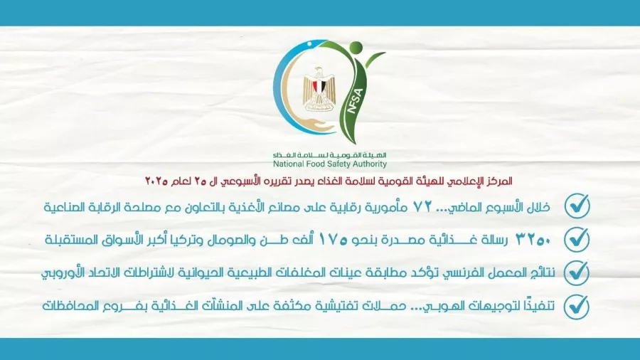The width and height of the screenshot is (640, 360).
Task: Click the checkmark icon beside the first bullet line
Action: click(577, 206)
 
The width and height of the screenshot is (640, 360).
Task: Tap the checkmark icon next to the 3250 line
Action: click(577, 239)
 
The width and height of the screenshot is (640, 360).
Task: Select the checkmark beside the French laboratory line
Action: click(577, 272)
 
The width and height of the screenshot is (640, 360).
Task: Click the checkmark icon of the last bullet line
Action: click(577, 307)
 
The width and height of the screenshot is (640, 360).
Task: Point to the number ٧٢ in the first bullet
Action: click(423, 206)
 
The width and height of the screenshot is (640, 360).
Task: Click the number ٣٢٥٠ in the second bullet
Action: click(533, 240)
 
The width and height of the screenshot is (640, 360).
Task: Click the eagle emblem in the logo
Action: click(319, 90)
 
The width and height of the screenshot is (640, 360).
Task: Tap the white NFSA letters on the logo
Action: click(354, 100)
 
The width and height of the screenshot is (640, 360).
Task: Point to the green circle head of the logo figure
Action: click(356, 48)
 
